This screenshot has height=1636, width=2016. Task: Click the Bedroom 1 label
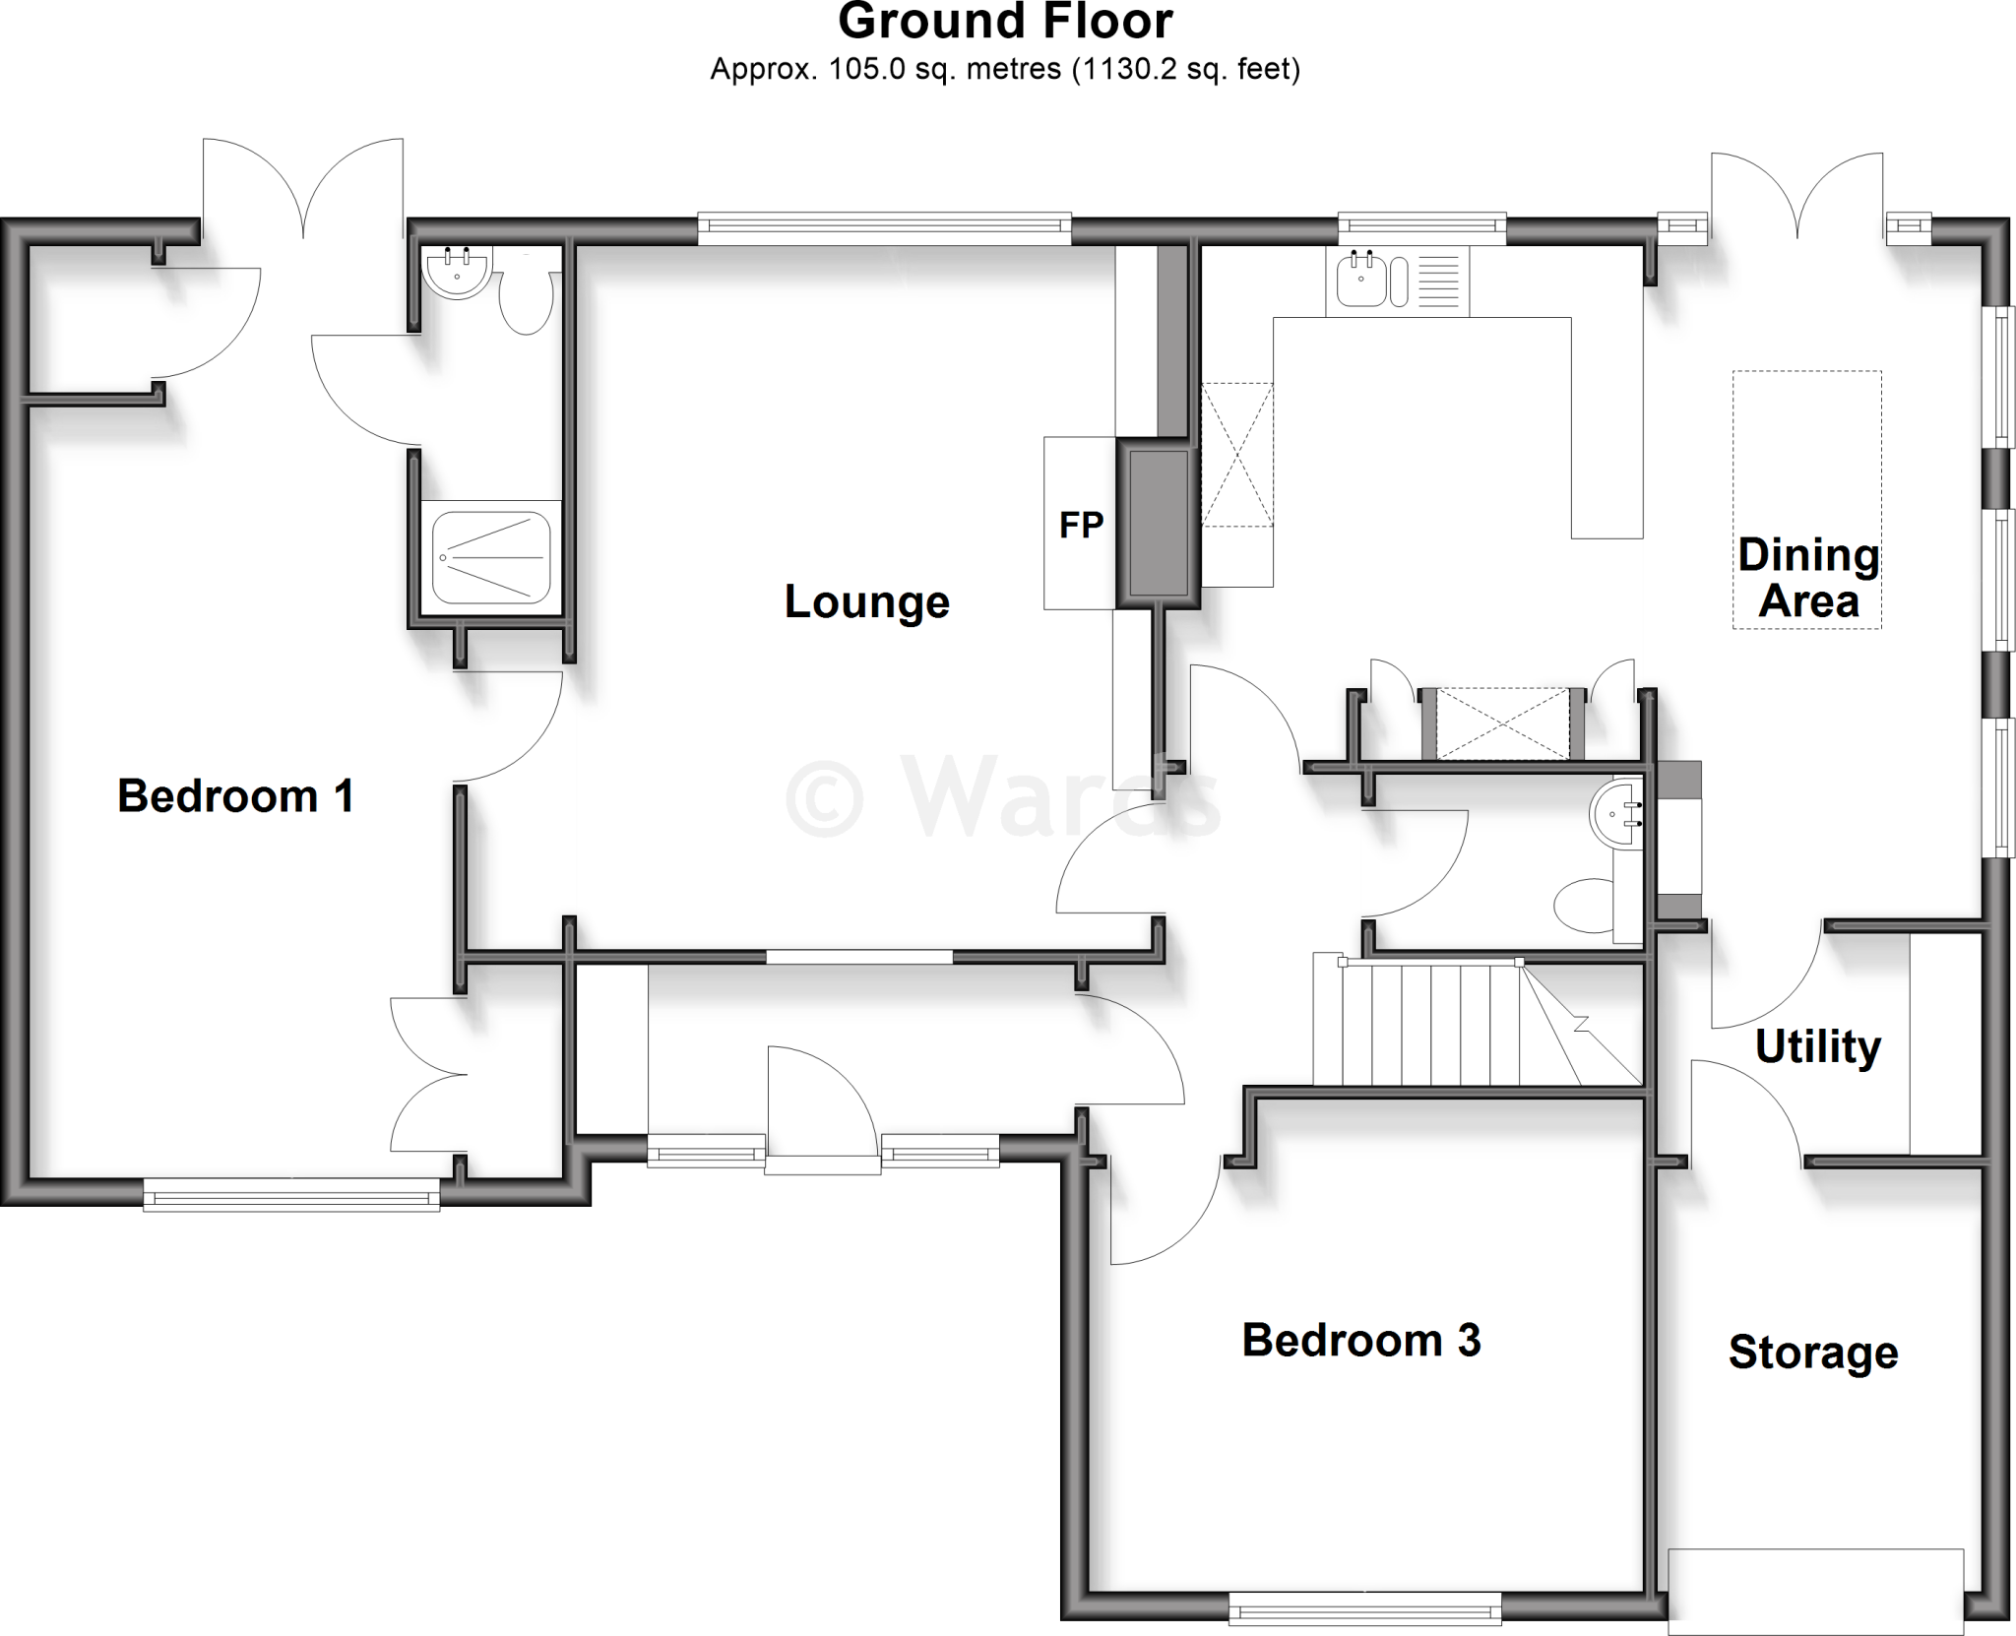tap(235, 796)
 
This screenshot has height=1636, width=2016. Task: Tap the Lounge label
tap(866, 601)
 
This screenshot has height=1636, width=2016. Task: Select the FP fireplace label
tap(1081, 526)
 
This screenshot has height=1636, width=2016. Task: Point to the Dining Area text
tap(1808, 578)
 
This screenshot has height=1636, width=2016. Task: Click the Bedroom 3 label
tap(1360, 1340)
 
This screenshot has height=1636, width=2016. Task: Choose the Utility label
tap(1817, 1046)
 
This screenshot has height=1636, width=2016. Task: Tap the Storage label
tap(1813, 1353)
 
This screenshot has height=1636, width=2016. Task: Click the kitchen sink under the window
tap(1362, 279)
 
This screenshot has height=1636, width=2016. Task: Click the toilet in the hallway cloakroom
tap(1583, 904)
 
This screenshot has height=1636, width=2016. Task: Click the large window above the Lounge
tap(884, 229)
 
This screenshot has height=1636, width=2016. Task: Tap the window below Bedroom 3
tap(1365, 1610)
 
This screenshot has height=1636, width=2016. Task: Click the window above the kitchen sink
tap(1421, 228)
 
